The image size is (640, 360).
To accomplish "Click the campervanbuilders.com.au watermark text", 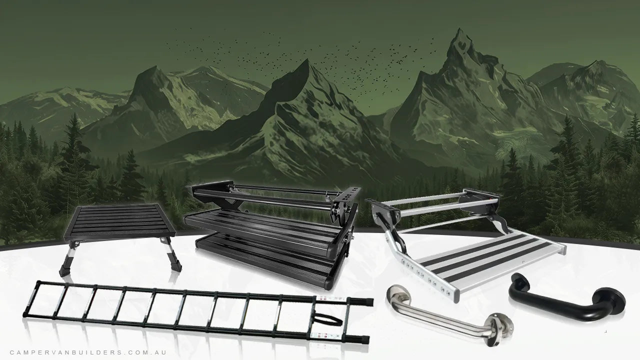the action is (x=88, y=352).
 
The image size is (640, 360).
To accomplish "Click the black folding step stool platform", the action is (x=119, y=220).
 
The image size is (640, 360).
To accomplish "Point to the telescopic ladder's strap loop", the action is (x=328, y=319).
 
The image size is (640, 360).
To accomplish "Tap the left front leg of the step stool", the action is (x=67, y=258).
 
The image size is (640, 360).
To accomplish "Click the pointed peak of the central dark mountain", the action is (x=306, y=60).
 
